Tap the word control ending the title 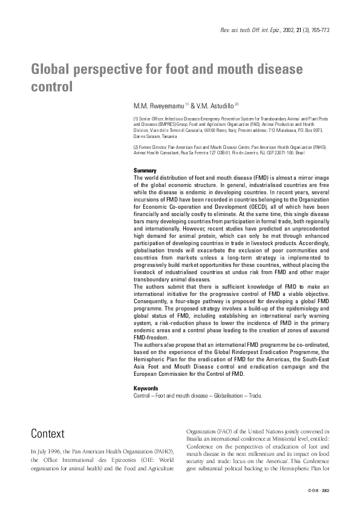click(51, 87)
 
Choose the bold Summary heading click(145, 171)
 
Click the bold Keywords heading click(146, 389)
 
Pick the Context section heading click(48, 433)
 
